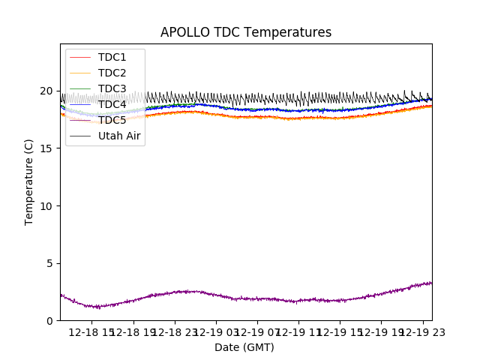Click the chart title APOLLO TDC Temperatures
coord(245,32)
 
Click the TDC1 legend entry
coord(112,57)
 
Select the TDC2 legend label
coord(112,73)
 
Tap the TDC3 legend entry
coord(112,88)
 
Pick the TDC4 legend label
coord(112,104)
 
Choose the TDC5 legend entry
coord(112,120)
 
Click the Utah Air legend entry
coord(119,136)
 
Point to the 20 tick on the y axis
coord(46,91)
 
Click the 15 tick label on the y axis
coord(46,148)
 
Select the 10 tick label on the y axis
coord(46,205)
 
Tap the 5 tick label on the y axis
coord(49,263)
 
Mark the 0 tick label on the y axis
coord(49,320)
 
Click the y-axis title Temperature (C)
coord(29,181)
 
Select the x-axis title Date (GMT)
coord(244,347)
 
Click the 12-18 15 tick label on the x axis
coord(91,332)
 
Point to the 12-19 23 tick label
coord(422,332)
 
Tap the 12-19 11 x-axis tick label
coord(298,332)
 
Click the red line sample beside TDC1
coord(80,57)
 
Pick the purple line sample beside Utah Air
coord(80,136)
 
